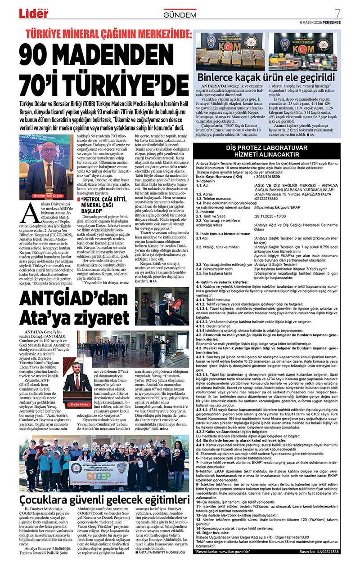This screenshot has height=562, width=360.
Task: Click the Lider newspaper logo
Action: [33, 13]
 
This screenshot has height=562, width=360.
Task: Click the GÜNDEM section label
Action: [180, 15]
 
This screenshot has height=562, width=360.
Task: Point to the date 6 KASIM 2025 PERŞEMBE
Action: [320, 22]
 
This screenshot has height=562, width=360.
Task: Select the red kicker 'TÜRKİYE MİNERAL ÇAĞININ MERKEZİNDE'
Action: [108, 34]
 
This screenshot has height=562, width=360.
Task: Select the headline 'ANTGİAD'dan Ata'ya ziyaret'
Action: [72, 306]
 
